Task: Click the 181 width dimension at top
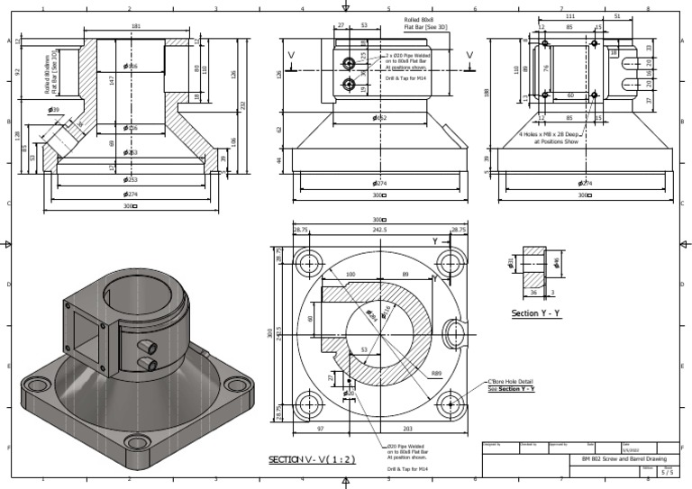tap(136, 26)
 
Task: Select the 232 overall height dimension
tap(241, 105)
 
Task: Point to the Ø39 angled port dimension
tap(55, 110)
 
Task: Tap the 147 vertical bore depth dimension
tap(111, 80)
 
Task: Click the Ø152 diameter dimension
tap(379, 118)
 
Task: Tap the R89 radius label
tap(436, 373)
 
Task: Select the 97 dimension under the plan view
tap(320, 430)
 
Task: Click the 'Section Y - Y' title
tap(536, 313)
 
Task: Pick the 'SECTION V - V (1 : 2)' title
tap(312, 459)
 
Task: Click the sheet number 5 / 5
tap(667, 471)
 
